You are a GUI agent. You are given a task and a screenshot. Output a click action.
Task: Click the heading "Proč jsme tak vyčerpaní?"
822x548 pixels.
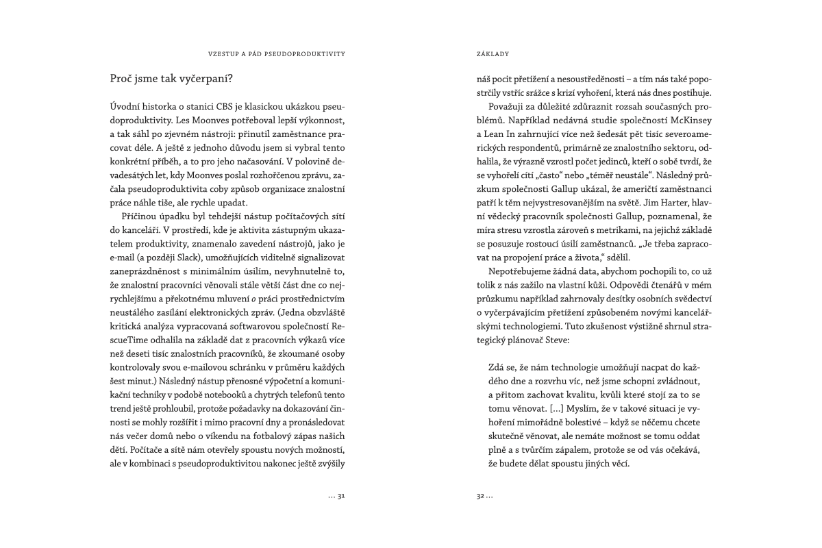coord(172,79)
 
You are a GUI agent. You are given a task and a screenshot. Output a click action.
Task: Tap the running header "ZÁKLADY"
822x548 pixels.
coord(492,53)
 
